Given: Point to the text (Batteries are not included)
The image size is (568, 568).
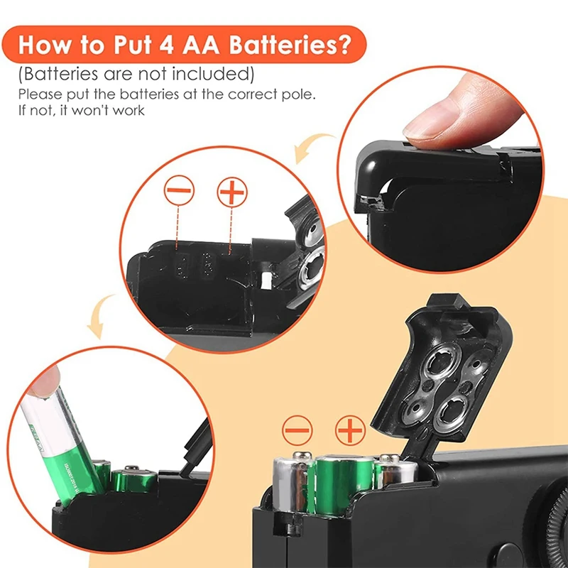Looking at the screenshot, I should pos(136,75).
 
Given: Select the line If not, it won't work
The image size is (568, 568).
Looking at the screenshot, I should pos(81,109).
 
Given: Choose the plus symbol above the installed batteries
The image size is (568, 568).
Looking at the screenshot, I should pos(349,430).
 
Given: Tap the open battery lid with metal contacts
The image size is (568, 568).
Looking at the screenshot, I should pos(440,369).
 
